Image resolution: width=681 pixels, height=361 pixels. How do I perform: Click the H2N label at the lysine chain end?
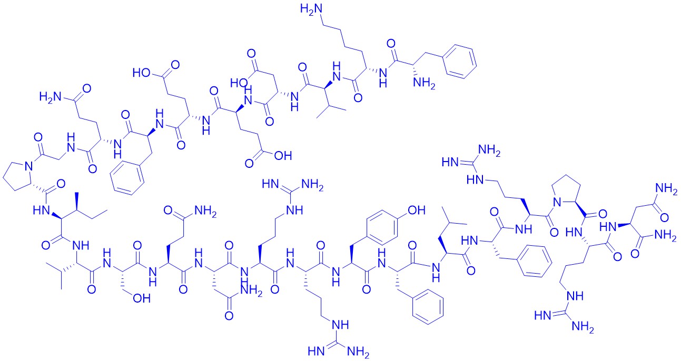coord(311,9)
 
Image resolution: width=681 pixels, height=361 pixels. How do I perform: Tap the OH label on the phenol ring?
coord(416,210)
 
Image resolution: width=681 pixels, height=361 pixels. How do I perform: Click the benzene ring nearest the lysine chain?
coord(460,62)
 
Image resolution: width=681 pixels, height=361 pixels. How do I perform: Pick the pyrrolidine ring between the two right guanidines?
coord(567,190)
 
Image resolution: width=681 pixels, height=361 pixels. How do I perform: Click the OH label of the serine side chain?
coord(141,298)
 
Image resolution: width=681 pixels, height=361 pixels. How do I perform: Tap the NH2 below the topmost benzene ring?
coord(424,83)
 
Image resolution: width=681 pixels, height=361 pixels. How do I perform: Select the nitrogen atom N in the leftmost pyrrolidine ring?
coord(28,166)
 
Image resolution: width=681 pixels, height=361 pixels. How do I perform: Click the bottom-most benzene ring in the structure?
coord(428,307)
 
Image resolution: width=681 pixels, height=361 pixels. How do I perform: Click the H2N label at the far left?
coord(50,97)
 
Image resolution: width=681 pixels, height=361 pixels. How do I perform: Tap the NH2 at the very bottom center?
coord(358,352)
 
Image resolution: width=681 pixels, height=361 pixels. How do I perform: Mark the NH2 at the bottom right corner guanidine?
coord(583,327)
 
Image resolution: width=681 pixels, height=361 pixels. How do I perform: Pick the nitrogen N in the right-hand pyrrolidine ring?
coord(557,202)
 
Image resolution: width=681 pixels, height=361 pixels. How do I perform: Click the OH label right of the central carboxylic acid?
coord(283,156)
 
